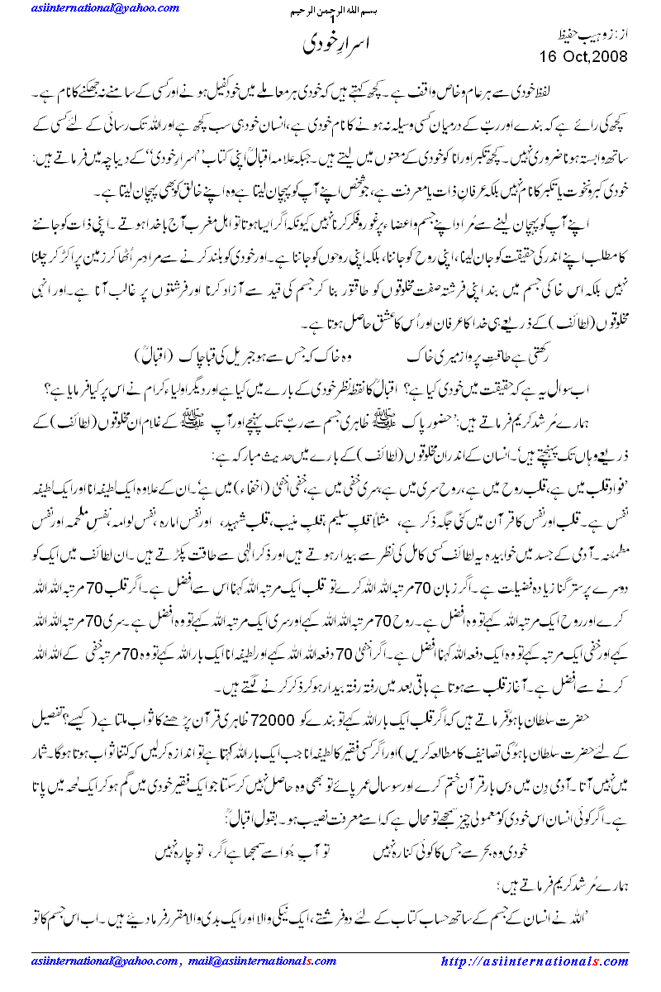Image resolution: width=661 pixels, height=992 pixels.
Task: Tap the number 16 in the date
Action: [552, 56]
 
